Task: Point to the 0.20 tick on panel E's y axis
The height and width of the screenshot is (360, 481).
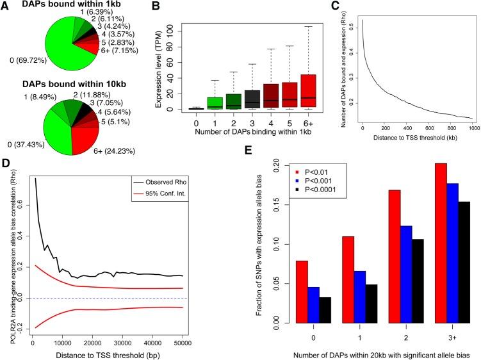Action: pyautogui.click(x=253, y=164)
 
